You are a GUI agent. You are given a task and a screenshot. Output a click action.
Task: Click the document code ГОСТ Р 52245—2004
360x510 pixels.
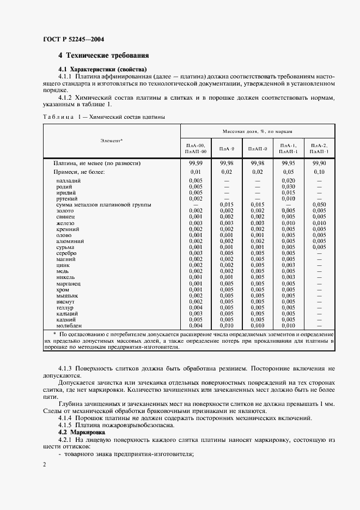(x=74, y=40)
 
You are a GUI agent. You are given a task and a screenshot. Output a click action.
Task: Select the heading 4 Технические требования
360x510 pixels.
(x=103, y=56)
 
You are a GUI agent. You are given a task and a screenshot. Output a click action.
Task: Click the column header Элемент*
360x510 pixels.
(x=112, y=141)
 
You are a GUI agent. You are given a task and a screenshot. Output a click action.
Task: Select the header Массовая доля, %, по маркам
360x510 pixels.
(x=258, y=132)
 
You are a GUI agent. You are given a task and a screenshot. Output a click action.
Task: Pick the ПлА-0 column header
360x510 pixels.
(x=227, y=149)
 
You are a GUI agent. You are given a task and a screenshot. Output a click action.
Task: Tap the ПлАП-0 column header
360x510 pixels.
(x=257, y=149)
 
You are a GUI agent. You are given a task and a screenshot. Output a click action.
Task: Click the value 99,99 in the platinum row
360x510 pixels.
(x=196, y=163)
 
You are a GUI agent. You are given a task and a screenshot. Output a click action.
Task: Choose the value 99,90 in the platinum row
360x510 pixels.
(x=319, y=163)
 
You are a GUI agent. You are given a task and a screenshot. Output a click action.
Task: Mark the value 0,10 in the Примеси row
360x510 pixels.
(x=319, y=172)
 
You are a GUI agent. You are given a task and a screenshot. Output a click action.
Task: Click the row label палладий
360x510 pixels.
(x=69, y=180)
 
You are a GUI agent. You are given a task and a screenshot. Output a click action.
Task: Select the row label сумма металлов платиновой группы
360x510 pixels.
(x=96, y=205)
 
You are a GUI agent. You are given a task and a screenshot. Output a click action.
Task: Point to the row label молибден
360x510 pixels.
(x=69, y=325)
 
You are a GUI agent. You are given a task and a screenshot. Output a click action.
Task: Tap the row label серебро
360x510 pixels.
(x=66, y=253)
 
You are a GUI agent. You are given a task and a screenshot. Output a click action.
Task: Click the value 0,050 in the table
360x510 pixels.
(x=319, y=205)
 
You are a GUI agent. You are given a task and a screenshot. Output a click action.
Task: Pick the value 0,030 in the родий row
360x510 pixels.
(x=288, y=186)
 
